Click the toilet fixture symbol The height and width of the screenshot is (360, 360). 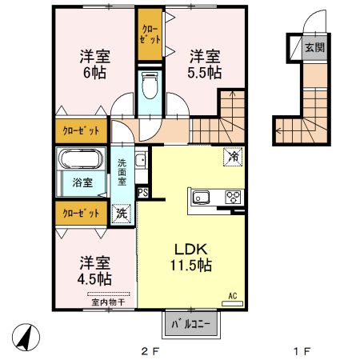[150, 85]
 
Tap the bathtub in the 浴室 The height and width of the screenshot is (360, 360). [82, 158]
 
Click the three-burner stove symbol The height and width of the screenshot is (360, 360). [234, 198]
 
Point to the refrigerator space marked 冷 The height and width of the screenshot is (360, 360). [233, 157]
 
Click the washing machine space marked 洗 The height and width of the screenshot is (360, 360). [122, 213]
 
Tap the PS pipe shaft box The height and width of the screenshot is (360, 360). [143, 193]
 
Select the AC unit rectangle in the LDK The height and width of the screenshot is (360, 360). [233, 303]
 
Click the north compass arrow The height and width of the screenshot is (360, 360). [26, 337]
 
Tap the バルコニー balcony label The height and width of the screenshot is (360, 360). [190, 324]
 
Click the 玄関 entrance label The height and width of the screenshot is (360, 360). [315, 48]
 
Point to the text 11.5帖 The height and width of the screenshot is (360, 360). [191, 265]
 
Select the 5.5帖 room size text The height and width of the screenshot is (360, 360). [205, 72]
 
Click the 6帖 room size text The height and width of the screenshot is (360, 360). [94, 72]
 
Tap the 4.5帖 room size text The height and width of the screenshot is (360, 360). [94, 279]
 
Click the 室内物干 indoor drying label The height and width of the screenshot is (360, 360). [108, 302]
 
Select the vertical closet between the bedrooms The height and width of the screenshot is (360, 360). [150, 34]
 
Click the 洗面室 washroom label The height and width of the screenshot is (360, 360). [122, 172]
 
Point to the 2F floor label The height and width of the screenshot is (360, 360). [150, 351]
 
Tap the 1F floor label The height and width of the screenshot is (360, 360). [302, 351]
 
